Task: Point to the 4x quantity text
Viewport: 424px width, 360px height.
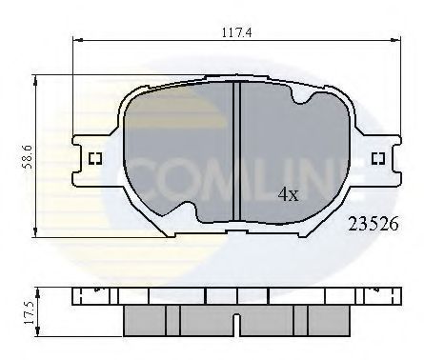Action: click(289, 194)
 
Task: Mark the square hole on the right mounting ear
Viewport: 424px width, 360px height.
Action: click(376, 158)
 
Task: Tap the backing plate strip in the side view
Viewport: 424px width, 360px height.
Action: click(234, 296)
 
